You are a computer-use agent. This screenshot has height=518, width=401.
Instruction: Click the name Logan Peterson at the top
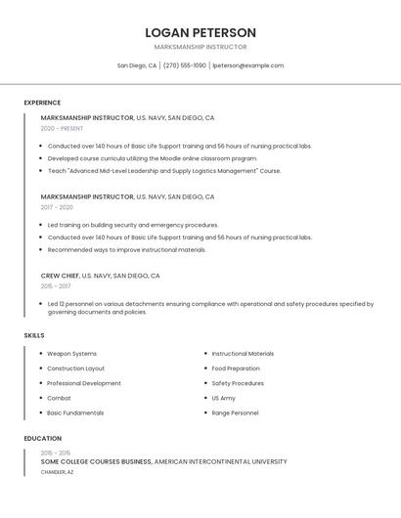200,32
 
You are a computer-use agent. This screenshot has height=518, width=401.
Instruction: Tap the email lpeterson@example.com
248,65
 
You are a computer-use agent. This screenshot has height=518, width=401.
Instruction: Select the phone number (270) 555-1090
185,65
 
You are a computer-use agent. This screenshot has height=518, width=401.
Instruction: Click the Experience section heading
42,103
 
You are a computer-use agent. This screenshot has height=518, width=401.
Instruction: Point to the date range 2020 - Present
62,128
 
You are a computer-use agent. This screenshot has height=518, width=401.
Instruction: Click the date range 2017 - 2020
57,207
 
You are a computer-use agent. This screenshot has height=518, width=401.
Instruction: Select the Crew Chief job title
60,276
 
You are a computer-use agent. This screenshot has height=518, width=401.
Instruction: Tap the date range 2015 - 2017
56,286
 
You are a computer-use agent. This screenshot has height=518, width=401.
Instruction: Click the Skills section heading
34,335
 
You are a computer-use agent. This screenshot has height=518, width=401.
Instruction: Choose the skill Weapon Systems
71,354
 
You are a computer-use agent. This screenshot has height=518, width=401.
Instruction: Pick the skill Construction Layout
75,368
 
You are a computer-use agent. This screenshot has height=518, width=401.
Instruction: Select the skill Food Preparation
236,368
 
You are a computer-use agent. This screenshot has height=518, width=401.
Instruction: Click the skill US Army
223,398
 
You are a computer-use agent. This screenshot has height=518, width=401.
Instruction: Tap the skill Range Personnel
235,412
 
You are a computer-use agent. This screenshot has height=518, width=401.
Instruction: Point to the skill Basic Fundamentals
75,412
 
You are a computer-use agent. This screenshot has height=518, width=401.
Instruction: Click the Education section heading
42,439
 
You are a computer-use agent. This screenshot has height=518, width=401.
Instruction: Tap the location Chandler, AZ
57,472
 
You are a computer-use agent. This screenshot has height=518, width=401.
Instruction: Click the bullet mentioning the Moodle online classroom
153,158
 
